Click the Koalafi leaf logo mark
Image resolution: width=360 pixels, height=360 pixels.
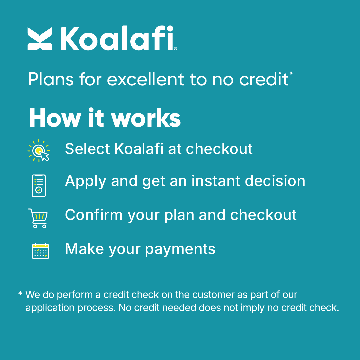tap(40, 39)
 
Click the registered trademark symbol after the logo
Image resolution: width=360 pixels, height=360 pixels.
tap(176, 49)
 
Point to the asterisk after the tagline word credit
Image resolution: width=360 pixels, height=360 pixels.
tap(291, 73)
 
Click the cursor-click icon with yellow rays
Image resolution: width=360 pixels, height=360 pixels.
tap(39, 151)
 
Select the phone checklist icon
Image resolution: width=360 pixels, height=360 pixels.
tap(39, 185)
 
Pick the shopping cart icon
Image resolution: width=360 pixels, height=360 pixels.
tap(38, 218)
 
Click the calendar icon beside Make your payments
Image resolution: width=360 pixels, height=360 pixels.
tap(40, 251)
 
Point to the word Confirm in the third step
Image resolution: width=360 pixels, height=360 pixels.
tap(94, 215)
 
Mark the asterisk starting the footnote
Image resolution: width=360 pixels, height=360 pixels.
tap(20, 294)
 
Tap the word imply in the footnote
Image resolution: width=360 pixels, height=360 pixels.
tap(253, 307)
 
